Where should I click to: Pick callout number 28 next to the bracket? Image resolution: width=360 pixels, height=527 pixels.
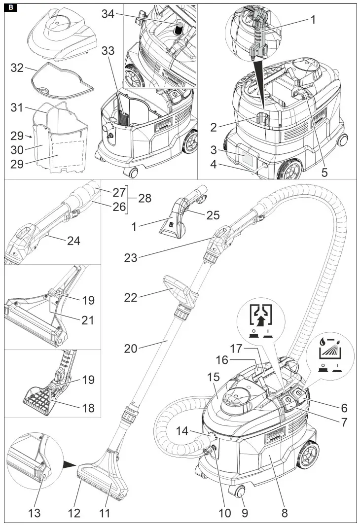click(144, 199)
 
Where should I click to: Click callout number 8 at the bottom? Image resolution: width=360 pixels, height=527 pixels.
click(285, 513)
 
